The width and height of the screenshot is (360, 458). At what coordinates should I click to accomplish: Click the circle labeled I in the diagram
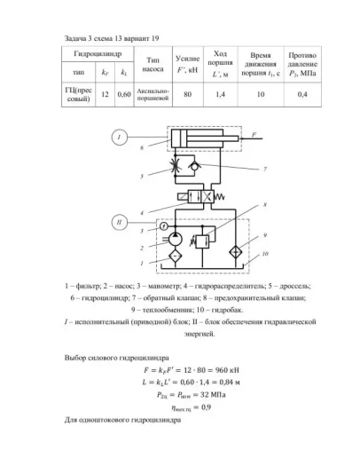click(118, 137)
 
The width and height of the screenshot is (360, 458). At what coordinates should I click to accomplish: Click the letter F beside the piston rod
click(254, 133)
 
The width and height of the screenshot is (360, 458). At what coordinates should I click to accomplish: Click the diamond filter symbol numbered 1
click(175, 257)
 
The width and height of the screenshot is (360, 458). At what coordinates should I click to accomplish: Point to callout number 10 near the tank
click(264, 254)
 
